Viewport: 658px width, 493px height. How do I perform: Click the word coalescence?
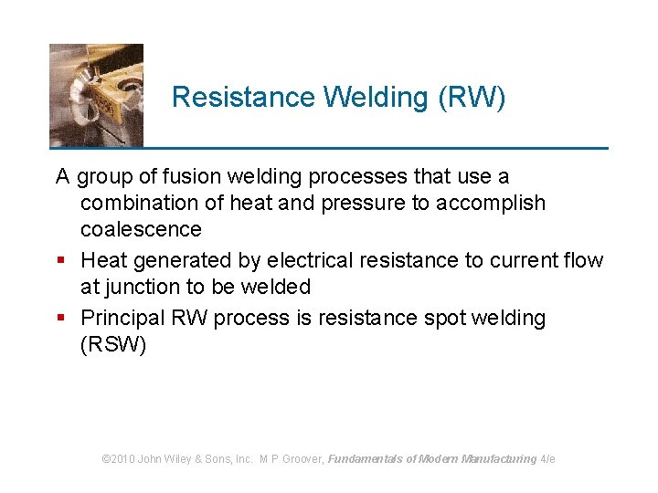[x=141, y=229]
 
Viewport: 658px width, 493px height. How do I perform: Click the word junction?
[x=141, y=287]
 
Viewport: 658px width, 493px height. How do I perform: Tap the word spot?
[x=443, y=318]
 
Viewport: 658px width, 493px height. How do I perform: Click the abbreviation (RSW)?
[x=113, y=345]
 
